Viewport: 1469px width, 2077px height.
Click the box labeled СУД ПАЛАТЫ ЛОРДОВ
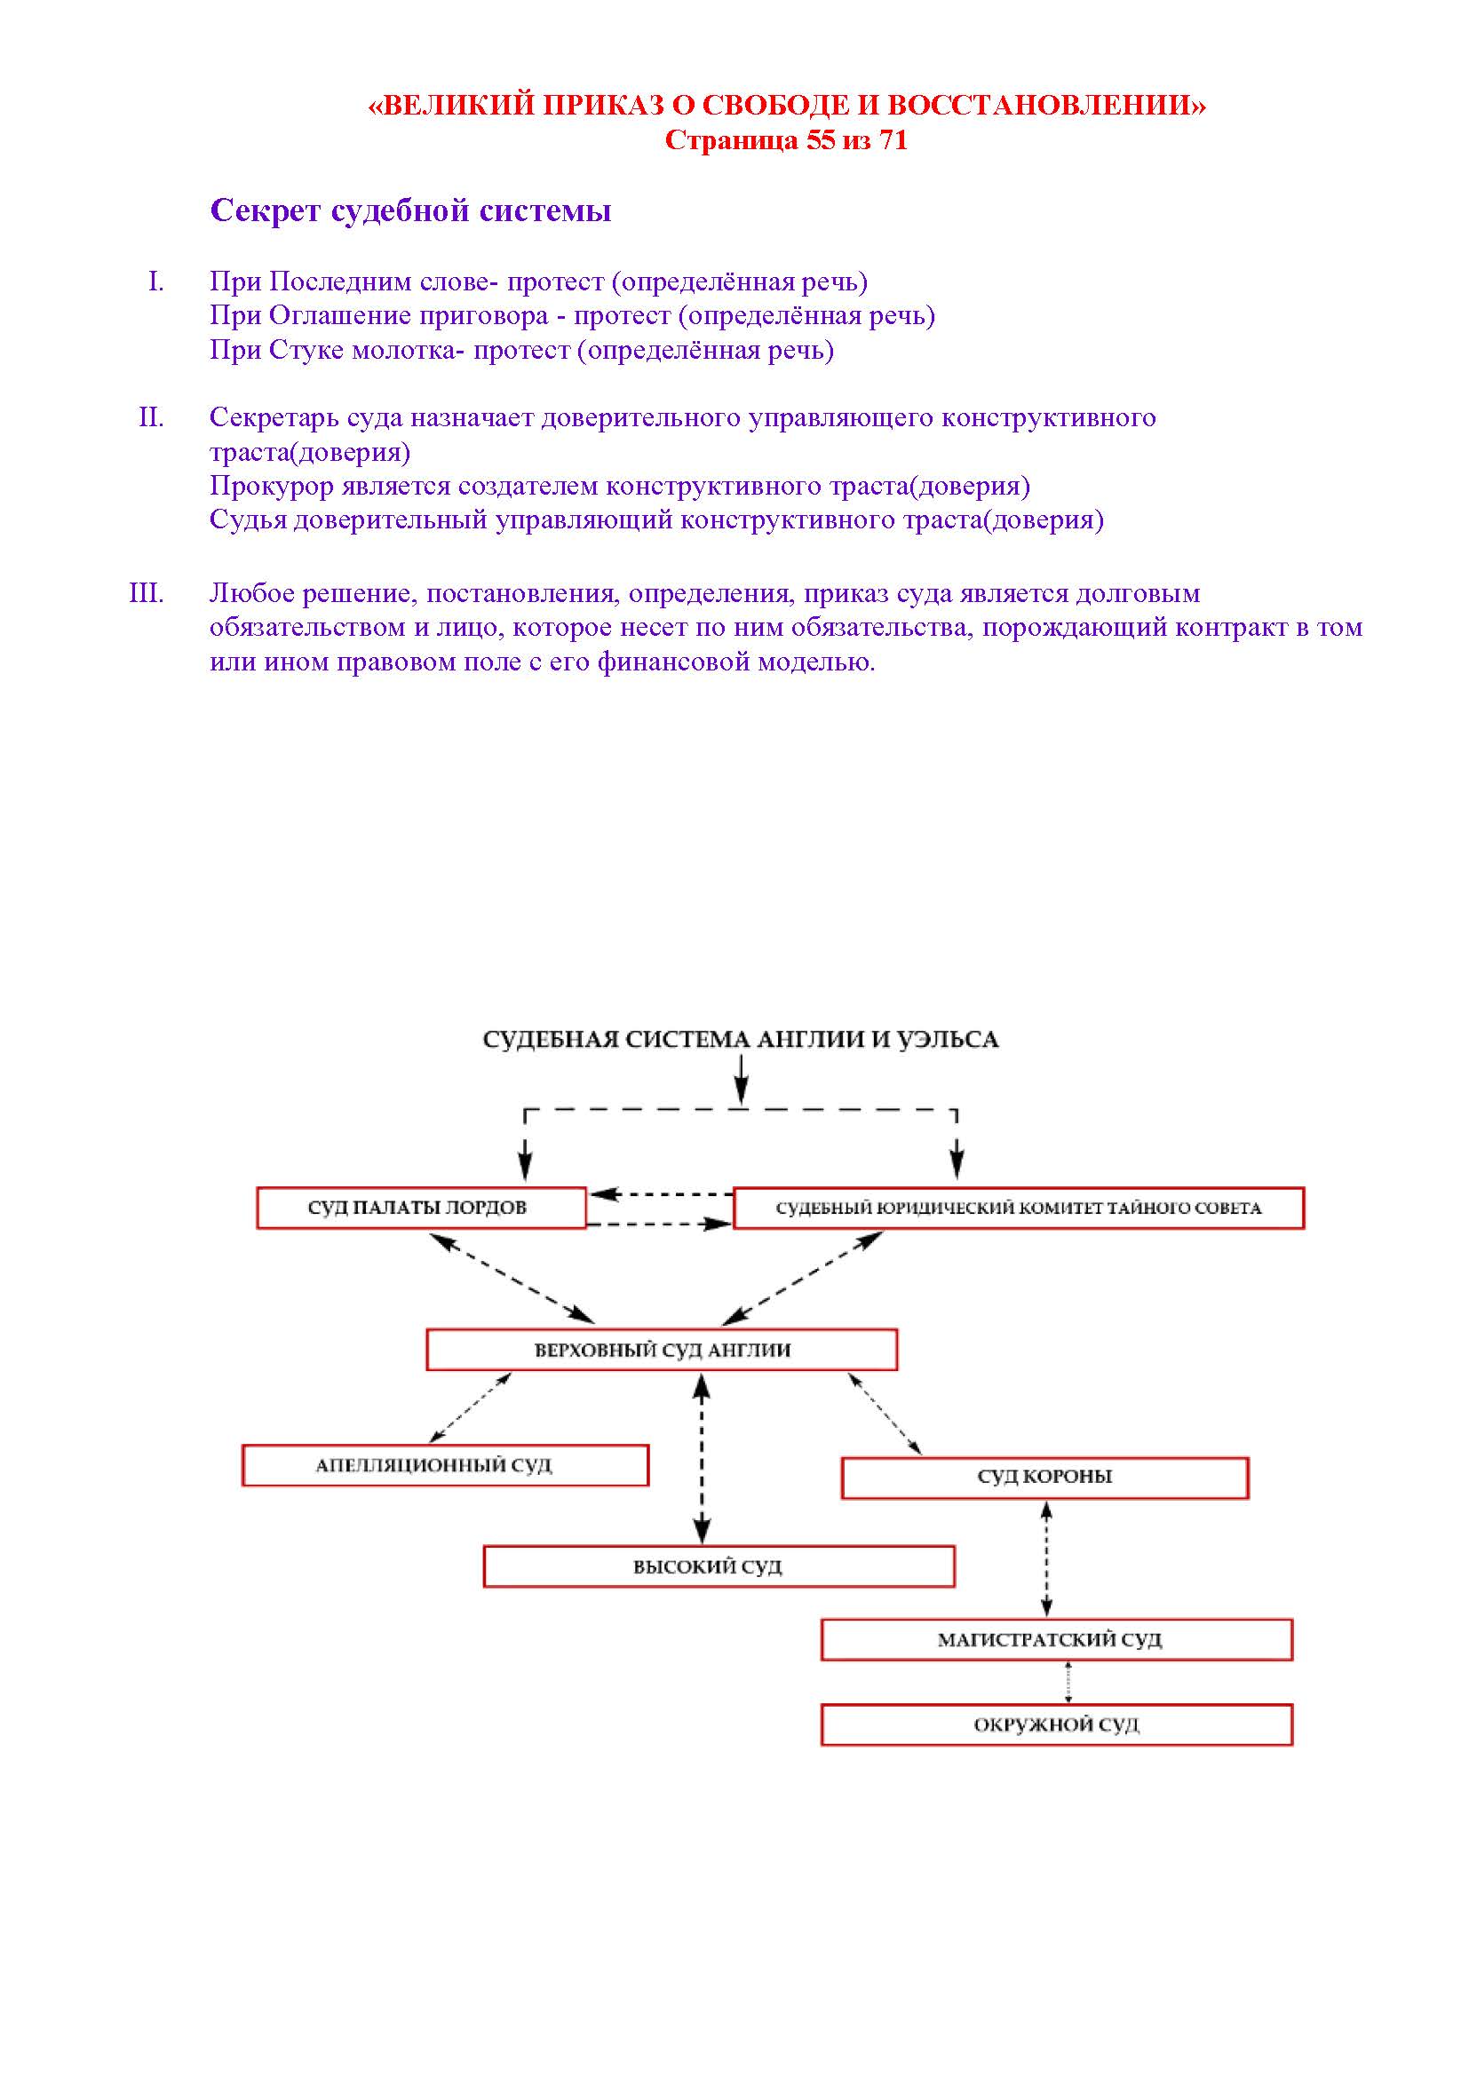point(421,1208)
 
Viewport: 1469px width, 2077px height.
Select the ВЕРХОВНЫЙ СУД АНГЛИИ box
point(662,1350)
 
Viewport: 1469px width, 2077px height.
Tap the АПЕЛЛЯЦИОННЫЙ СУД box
point(445,1465)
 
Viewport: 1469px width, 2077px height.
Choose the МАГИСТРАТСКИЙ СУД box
point(1057,1640)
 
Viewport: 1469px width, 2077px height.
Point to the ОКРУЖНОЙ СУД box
point(1057,1725)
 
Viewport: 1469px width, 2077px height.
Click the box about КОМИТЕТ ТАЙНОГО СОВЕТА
point(1019,1208)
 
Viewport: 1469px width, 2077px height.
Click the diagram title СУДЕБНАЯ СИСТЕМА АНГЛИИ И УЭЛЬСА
point(740,1040)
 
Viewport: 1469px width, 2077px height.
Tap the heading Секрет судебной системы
point(410,210)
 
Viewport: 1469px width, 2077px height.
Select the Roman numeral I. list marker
point(156,282)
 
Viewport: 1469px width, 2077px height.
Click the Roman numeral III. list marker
point(147,593)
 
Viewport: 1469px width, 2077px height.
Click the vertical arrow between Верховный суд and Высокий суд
point(702,1458)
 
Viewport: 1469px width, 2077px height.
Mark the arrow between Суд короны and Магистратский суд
point(1046,1558)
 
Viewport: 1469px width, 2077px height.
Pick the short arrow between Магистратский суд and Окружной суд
point(1068,1683)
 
